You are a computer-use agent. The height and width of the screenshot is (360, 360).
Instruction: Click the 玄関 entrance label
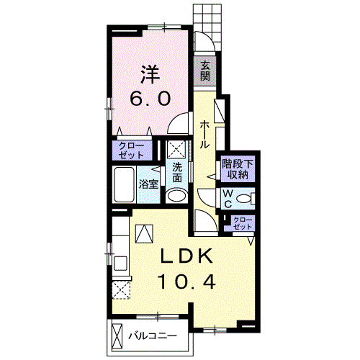pyautogui.click(x=205, y=71)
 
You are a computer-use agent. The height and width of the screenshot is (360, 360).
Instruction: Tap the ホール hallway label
pyautogui.click(x=204, y=135)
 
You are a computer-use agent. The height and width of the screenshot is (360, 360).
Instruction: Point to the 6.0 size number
pyautogui.click(x=150, y=99)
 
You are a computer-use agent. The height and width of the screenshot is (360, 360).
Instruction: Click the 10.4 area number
pyautogui.click(x=186, y=282)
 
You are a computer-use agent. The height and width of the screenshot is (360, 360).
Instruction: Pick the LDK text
pyautogui.click(x=186, y=256)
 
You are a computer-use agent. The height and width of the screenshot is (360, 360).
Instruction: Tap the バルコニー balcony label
pyautogui.click(x=153, y=336)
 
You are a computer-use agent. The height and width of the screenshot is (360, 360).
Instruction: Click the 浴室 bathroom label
pyautogui.click(x=149, y=184)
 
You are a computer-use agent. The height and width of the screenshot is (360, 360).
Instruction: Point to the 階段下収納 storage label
pyautogui.click(x=238, y=169)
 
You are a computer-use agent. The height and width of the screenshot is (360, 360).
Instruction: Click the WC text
pyautogui.click(x=228, y=199)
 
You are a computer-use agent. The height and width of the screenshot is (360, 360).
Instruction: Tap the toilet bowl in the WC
pyautogui.click(x=245, y=199)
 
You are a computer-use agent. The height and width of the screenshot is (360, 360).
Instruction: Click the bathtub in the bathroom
pyautogui.click(x=124, y=185)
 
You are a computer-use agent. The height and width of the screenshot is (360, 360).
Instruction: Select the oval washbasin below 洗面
pyautogui.click(x=177, y=196)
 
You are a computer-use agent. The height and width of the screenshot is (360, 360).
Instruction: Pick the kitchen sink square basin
pyautogui.click(x=120, y=264)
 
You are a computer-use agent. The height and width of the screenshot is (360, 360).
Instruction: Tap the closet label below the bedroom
pyautogui.click(x=132, y=150)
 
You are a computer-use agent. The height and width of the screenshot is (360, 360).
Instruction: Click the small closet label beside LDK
pyautogui.click(x=243, y=223)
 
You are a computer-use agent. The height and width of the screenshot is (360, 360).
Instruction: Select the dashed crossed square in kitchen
pyautogui.click(x=121, y=290)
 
